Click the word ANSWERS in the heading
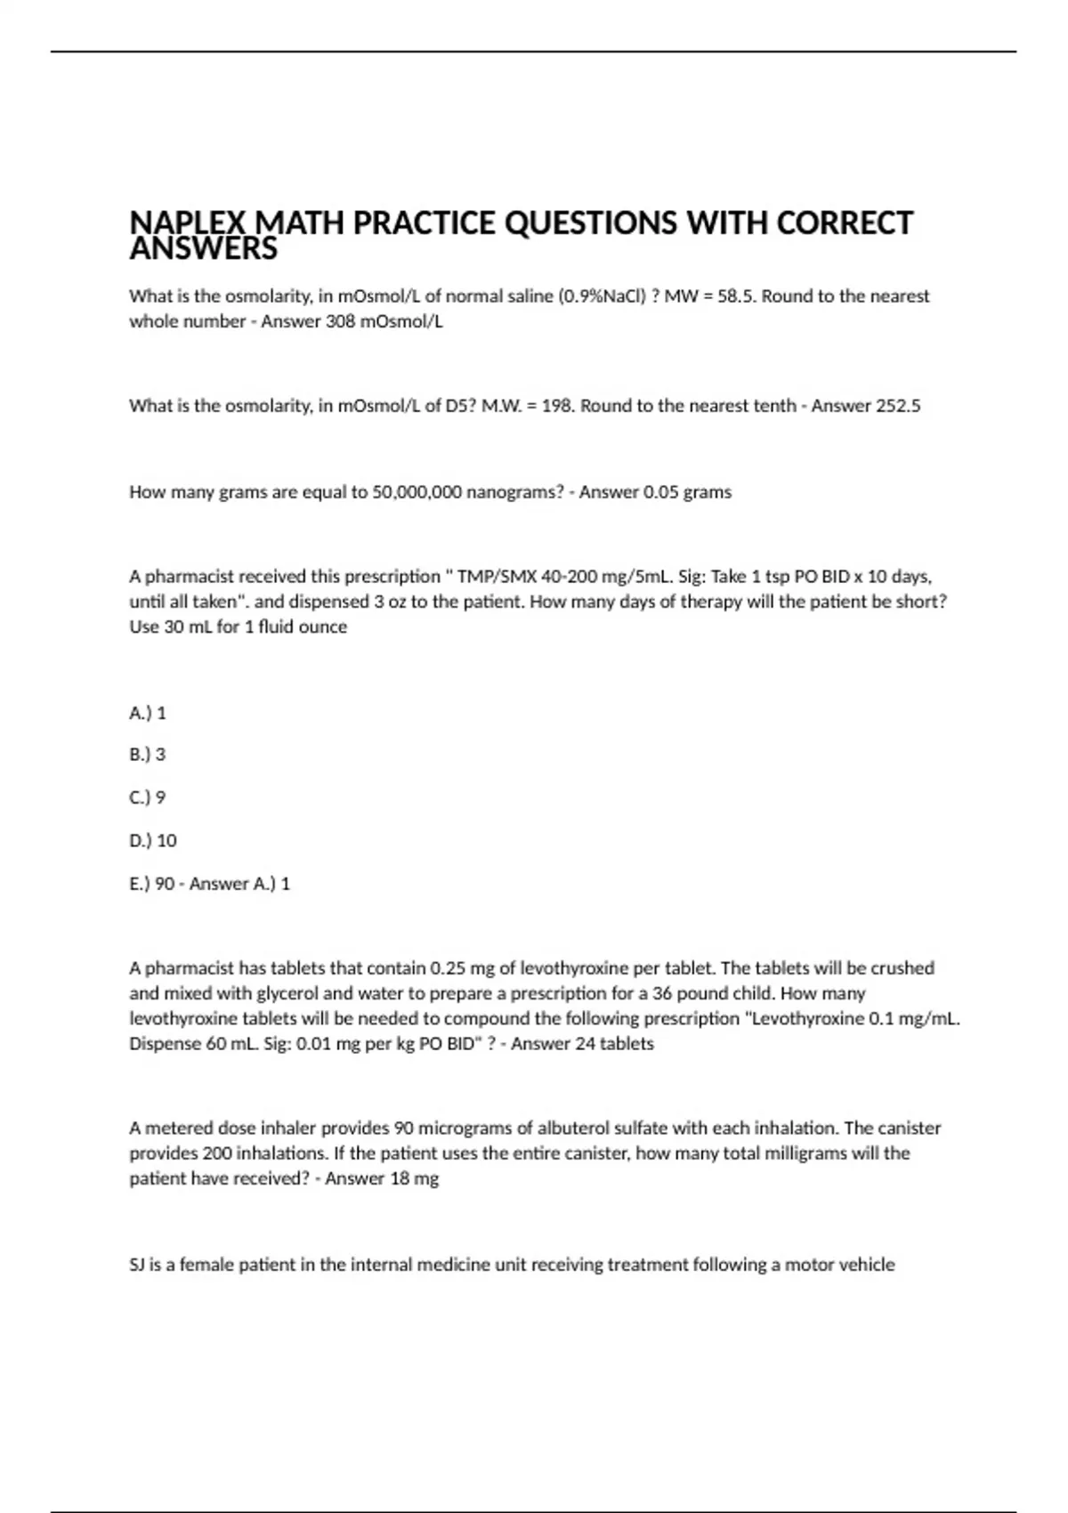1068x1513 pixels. point(203,250)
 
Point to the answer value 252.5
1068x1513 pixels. point(898,406)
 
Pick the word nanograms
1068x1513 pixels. point(514,492)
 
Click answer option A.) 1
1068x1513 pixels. point(148,713)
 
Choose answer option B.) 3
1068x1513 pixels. point(148,755)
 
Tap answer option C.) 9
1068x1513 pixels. point(148,797)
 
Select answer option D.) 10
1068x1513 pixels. point(153,840)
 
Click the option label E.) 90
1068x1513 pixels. point(152,884)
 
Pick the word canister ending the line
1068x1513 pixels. point(909,1129)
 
